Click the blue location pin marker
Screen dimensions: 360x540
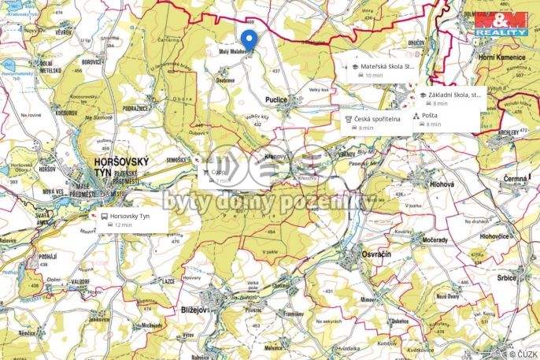pyautogui.click(x=249, y=41)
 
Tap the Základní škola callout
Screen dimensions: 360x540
pyautogui.click(x=449, y=98)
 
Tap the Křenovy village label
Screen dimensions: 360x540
pyautogui.click(x=275, y=157)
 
